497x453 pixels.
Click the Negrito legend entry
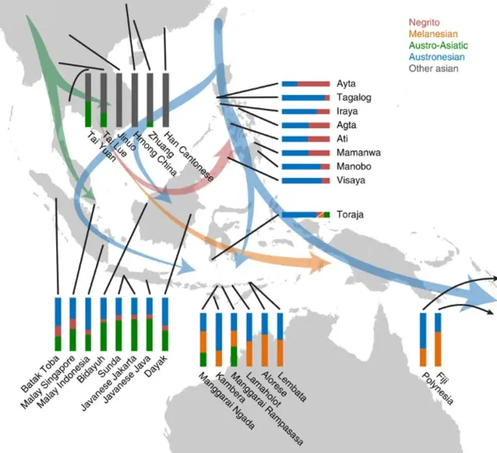click(424, 23)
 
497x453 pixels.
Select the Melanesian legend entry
click(433, 34)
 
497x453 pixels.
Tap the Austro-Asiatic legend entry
click(438, 45)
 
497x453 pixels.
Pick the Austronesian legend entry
click(436, 57)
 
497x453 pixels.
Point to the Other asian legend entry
click(433, 68)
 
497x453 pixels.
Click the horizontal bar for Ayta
click(306, 84)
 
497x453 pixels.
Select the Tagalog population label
click(354, 97)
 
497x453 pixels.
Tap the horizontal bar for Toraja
click(306, 214)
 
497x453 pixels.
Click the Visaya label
click(351, 180)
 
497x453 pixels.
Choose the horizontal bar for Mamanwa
click(306, 153)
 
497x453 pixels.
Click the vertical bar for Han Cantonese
click(165, 100)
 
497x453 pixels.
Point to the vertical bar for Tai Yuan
click(88, 100)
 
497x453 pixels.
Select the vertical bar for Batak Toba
click(58, 324)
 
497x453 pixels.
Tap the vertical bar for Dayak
click(165, 324)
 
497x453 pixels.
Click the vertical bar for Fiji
click(438, 340)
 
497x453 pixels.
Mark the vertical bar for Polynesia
click(422, 340)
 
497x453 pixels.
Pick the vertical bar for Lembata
click(280, 340)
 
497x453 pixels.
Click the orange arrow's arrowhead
click(320, 263)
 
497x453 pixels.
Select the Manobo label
click(354, 166)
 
